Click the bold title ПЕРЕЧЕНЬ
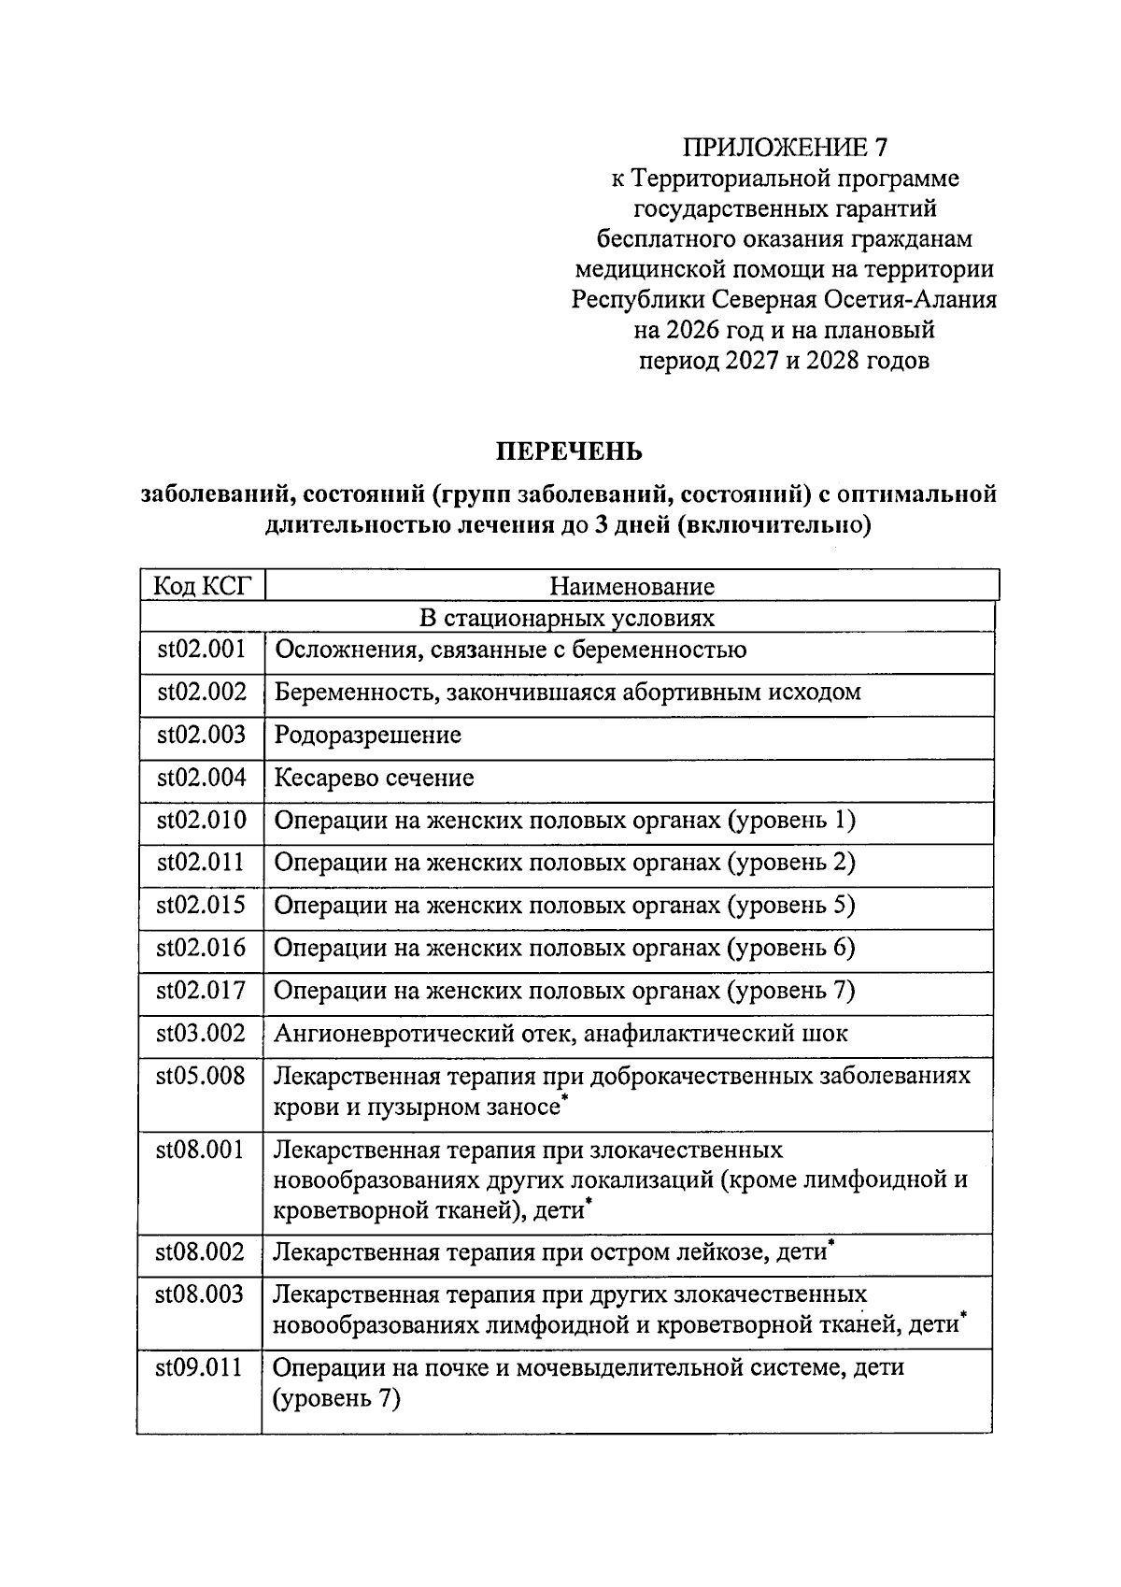[568, 452]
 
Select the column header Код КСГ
[202, 586]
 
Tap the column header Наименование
[631, 586]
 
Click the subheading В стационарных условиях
[566, 618]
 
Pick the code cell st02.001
[201, 650]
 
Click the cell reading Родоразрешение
[368, 735]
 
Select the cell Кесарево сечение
[374, 778]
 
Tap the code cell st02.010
[201, 821]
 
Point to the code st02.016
[201, 948]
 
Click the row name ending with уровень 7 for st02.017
[564, 991]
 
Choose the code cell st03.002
[201, 1034]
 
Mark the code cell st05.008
[201, 1077]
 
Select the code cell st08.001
[201, 1150]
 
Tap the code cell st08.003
[201, 1295]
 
